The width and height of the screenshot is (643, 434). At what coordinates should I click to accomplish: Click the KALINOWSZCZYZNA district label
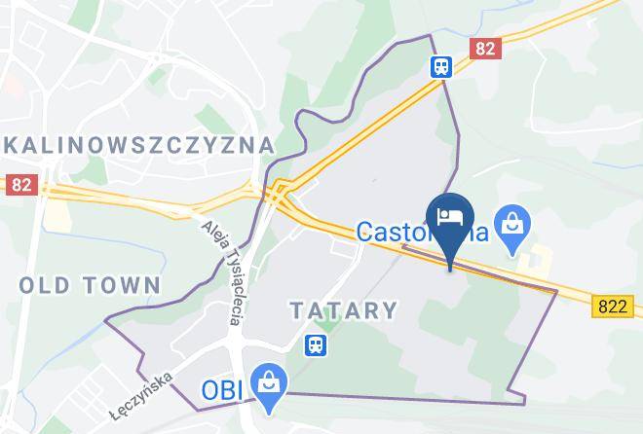coord(137,145)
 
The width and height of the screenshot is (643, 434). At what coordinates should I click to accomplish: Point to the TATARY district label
coord(344,310)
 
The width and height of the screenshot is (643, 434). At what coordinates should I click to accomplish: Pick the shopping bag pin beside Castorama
coord(510,227)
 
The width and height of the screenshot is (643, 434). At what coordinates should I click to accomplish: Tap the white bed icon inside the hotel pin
coord(449,215)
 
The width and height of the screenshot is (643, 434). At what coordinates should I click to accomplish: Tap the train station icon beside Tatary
coord(315,344)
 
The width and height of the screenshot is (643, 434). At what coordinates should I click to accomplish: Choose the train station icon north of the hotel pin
coord(441,65)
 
